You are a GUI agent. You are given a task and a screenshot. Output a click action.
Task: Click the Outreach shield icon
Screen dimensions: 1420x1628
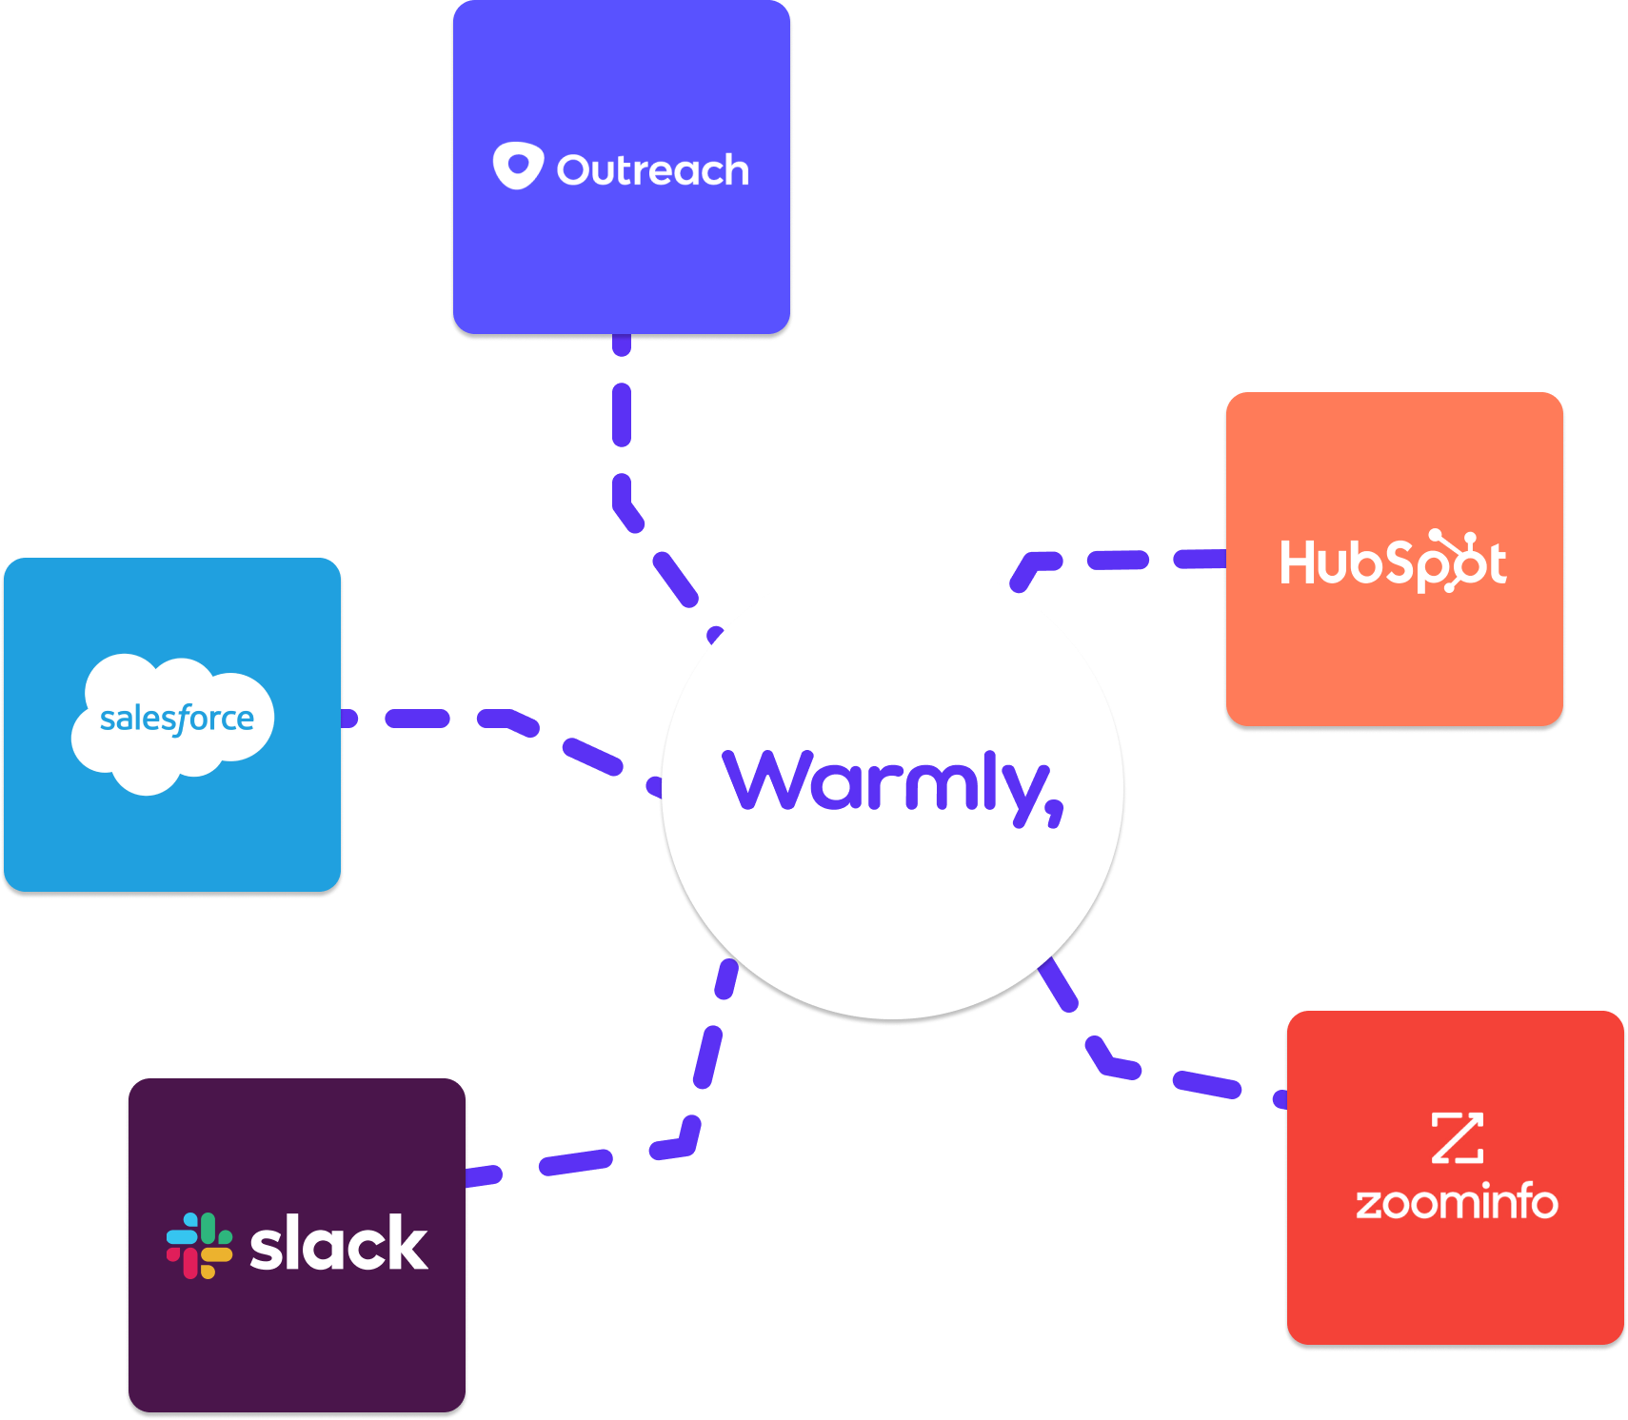click(x=518, y=167)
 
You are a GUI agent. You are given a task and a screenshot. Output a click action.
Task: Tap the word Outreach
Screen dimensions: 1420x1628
click(x=653, y=170)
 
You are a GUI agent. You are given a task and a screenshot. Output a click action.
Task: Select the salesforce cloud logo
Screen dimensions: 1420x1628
click(x=172, y=721)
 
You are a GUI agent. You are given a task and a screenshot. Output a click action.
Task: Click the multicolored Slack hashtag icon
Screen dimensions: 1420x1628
click(x=199, y=1245)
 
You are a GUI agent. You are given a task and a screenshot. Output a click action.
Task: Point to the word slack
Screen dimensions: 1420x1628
click(x=338, y=1244)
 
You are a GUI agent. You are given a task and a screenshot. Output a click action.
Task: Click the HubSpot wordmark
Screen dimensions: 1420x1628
click(x=1393, y=562)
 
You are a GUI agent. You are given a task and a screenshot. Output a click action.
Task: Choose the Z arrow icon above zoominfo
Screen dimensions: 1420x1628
click(x=1457, y=1137)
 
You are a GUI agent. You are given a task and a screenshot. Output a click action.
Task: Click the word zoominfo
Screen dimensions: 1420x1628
click(x=1457, y=1203)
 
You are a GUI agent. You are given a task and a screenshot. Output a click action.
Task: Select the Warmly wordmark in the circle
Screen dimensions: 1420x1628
click(x=892, y=784)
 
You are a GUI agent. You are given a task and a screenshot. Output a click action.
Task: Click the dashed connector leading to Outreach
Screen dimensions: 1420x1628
click(x=622, y=414)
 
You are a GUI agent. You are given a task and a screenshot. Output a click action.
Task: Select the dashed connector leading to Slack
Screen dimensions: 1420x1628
click(x=706, y=1056)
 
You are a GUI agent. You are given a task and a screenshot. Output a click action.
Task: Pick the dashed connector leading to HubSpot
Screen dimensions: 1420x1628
click(x=1119, y=560)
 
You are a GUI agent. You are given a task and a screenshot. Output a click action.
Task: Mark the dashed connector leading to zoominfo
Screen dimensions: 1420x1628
click(x=1206, y=1084)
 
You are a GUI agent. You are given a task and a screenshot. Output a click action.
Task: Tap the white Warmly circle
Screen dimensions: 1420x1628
click(x=892, y=914)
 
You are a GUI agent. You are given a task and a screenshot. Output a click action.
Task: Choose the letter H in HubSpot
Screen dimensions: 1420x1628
click(x=1298, y=562)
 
